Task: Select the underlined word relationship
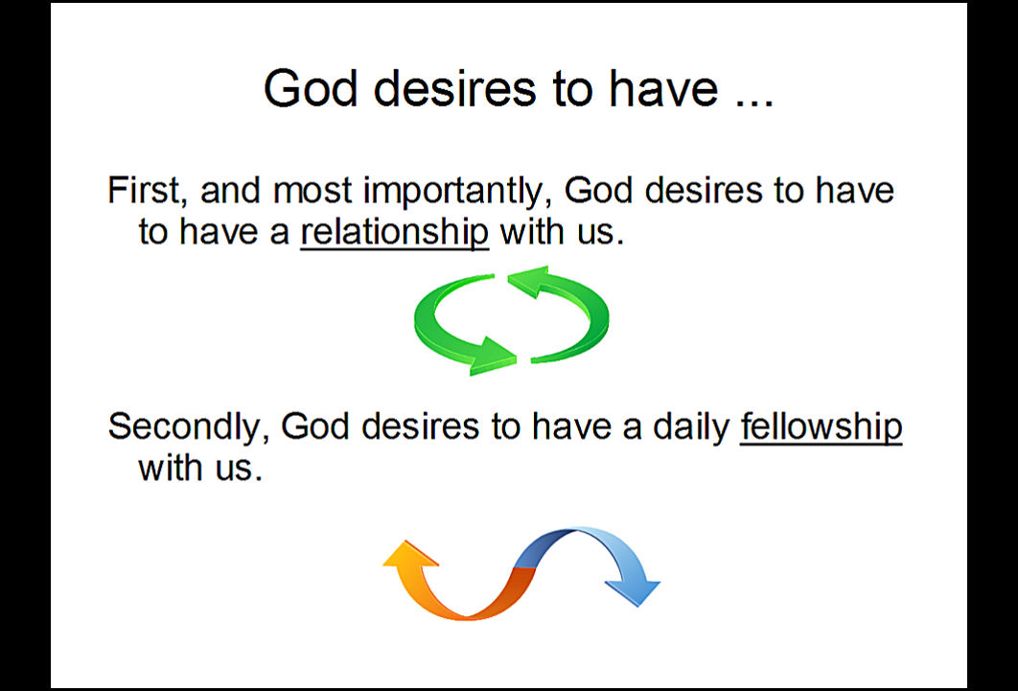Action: (x=394, y=232)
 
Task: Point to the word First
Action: (x=143, y=191)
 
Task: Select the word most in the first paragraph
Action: (x=312, y=192)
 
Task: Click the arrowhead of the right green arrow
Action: (x=528, y=281)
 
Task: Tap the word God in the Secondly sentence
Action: (x=314, y=426)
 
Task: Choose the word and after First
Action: (x=230, y=191)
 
